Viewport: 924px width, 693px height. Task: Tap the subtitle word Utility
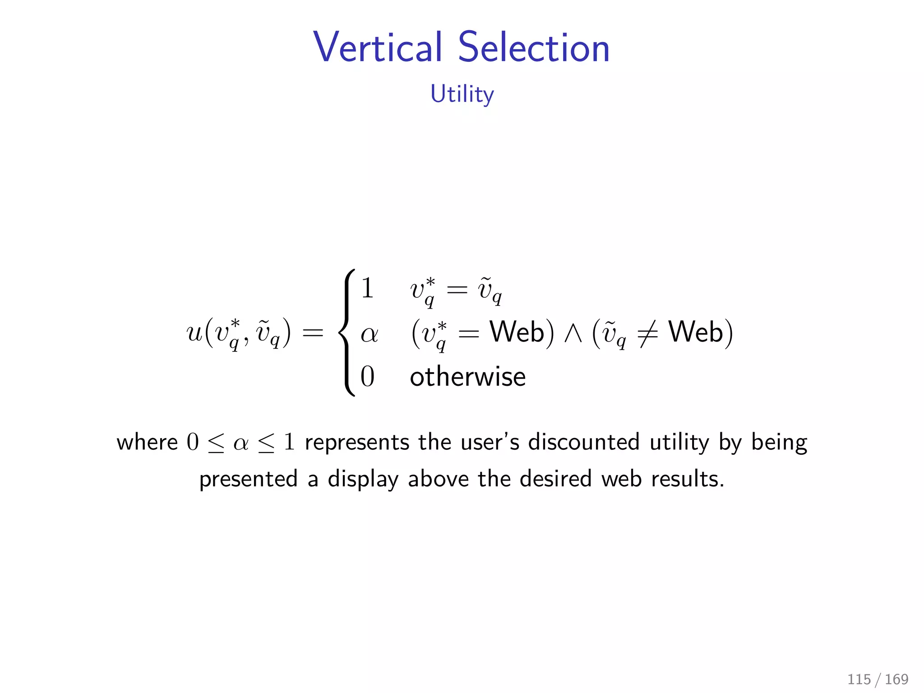click(462, 94)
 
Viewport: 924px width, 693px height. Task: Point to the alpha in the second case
click(369, 334)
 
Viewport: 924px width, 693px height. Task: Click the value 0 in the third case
click(367, 377)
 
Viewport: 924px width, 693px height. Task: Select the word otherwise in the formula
click(467, 377)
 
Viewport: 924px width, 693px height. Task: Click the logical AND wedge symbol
click(573, 334)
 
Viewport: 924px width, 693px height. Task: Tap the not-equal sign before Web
click(647, 334)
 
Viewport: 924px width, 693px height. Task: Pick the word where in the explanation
click(147, 442)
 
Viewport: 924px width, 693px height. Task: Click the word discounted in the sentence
click(584, 442)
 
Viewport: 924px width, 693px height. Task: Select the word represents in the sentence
click(356, 442)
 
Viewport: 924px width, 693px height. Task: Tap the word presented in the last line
click(249, 479)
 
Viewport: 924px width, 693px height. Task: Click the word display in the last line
click(363, 479)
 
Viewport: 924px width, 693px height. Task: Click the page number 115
click(859, 679)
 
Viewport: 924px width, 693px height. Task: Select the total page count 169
click(896, 679)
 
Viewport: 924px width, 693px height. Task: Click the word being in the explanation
click(779, 443)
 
